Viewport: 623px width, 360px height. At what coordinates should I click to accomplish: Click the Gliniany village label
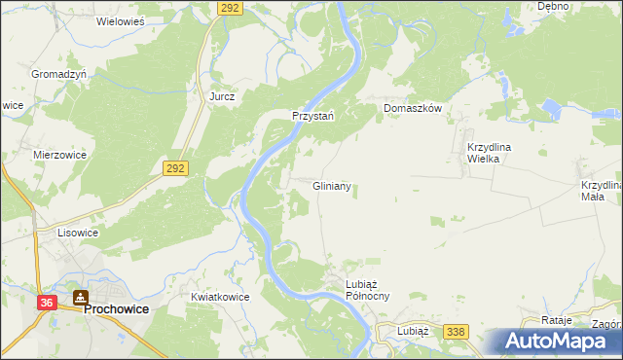[331, 185]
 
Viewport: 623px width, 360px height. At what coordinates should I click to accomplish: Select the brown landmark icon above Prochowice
[81, 297]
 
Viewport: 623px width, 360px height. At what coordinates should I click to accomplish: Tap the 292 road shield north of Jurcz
[229, 7]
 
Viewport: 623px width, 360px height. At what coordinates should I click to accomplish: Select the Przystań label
[314, 115]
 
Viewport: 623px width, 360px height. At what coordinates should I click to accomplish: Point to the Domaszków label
[413, 108]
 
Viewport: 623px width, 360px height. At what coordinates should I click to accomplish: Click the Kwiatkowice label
[221, 297]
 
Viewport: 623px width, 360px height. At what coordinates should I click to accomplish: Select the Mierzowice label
[59, 154]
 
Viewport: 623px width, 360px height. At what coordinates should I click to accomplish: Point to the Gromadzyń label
[59, 74]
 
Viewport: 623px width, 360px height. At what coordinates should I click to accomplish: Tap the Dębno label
[553, 6]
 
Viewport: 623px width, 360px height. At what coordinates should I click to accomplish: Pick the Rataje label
[556, 320]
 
